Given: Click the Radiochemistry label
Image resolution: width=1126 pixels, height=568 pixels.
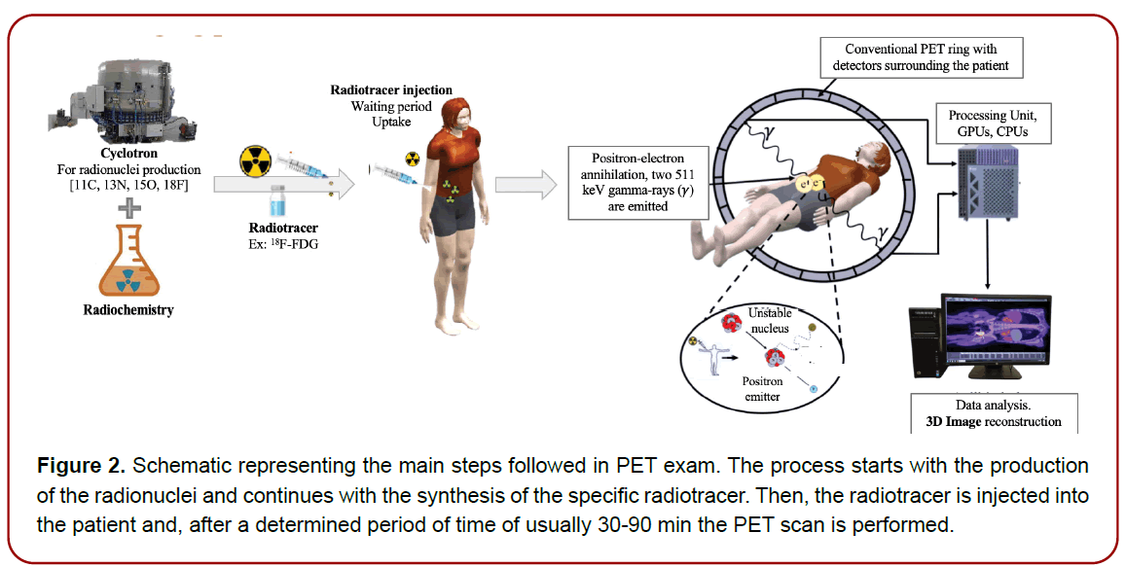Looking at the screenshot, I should tap(124, 310).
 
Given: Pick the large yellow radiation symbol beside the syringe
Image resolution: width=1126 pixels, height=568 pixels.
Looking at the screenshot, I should tap(257, 160).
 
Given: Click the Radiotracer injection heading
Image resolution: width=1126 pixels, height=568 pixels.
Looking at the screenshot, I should tap(391, 89).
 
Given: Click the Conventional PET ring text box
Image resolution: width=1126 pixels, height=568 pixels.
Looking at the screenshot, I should tap(920, 57).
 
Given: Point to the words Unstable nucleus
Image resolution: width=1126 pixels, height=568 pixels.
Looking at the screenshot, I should tap(770, 320).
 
